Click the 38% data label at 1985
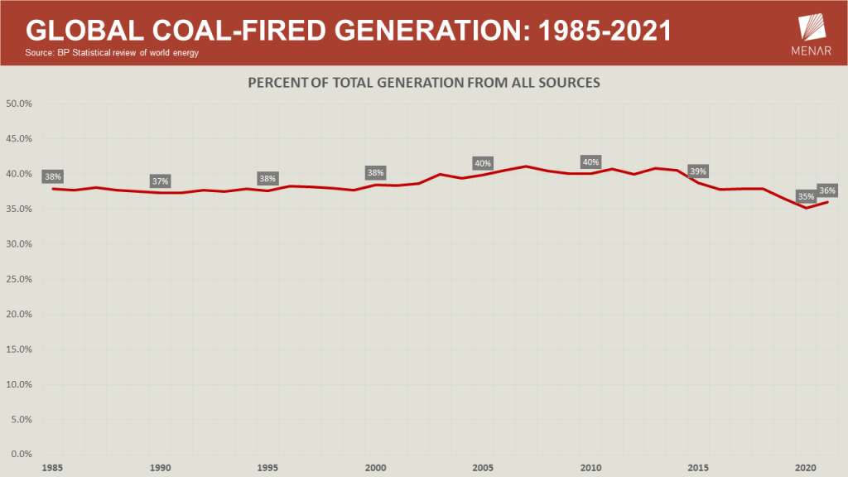[53, 176]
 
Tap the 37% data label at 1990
[160, 181]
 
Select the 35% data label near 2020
[805, 196]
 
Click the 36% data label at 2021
[826, 190]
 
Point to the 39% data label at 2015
[697, 171]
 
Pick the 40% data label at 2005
[483, 163]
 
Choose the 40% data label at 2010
[590, 162]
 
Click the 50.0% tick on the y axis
[18, 104]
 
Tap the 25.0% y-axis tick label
[18, 279]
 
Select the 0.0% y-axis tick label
[21, 455]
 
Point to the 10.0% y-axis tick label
[18, 384]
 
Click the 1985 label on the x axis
[54, 467]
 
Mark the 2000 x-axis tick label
[376, 467]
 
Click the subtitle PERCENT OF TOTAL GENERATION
[424, 84]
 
